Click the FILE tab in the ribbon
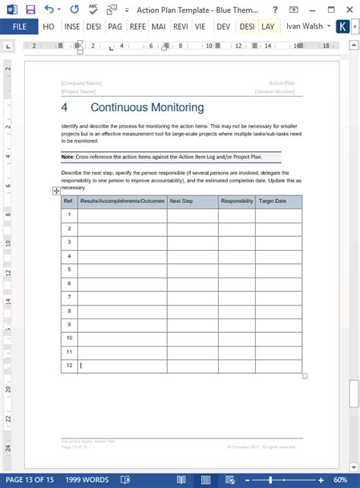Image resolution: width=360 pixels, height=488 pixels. [x=19, y=26]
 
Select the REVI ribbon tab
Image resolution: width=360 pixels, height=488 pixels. [x=181, y=26]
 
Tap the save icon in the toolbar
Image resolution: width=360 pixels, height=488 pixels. [x=30, y=9]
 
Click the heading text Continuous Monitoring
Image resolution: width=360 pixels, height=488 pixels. [x=147, y=108]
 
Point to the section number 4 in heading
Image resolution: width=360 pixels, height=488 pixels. [x=65, y=108]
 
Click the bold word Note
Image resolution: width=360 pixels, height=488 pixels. [x=68, y=156]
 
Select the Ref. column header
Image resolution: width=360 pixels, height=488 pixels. [x=68, y=201]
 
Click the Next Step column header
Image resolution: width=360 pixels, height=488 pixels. [x=181, y=201]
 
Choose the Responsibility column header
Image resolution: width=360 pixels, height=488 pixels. [x=236, y=201]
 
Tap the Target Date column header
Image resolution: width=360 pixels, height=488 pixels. [x=273, y=201]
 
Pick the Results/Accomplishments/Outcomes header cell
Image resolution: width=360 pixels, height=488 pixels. [x=122, y=201]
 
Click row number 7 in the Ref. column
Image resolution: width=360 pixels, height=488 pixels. [x=69, y=296]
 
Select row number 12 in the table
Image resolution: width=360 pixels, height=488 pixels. [x=69, y=366]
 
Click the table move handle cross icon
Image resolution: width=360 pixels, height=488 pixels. [x=56, y=192]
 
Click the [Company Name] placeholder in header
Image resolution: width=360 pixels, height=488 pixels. [x=81, y=83]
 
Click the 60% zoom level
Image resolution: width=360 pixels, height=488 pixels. [x=340, y=480]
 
